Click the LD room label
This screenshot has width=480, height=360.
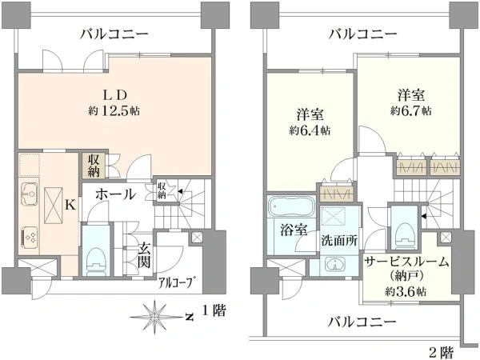tap(114, 95)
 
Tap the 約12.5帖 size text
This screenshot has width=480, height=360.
tap(114, 110)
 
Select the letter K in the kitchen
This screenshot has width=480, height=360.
tap(70, 205)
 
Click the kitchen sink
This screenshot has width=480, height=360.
tap(30, 194)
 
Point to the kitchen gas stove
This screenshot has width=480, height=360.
tap(30, 238)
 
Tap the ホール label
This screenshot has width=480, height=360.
tap(115, 194)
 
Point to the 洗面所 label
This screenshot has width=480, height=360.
tap(339, 241)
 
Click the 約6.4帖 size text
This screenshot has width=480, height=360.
tap(310, 131)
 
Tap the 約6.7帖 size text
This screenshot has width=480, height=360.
tap(411, 111)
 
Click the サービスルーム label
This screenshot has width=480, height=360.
tap(406, 262)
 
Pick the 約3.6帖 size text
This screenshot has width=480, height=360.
tap(406, 292)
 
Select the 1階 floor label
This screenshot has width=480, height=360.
tap(214, 310)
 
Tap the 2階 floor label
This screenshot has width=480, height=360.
tap(442, 353)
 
